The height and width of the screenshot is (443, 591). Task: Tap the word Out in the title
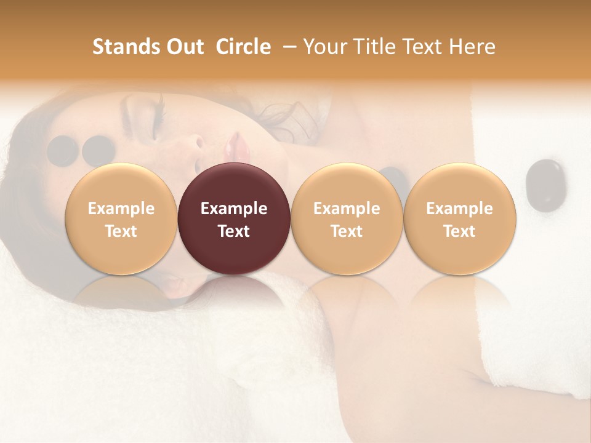point(183,47)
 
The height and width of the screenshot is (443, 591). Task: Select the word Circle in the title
point(243,47)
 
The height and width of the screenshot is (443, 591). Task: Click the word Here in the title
point(471,47)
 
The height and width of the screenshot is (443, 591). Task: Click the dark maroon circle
point(234,218)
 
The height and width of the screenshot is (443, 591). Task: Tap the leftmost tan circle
point(121,218)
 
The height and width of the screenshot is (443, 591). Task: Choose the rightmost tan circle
point(459,218)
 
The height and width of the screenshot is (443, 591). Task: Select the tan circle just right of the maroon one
point(347,218)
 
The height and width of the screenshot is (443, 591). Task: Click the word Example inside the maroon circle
point(234,209)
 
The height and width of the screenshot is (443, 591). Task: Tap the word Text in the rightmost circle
point(459,231)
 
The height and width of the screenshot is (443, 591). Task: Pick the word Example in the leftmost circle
point(121,209)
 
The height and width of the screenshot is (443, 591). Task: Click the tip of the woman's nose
point(199,143)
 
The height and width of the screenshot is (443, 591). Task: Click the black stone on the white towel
point(545,183)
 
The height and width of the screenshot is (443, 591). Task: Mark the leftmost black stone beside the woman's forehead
point(62,151)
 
